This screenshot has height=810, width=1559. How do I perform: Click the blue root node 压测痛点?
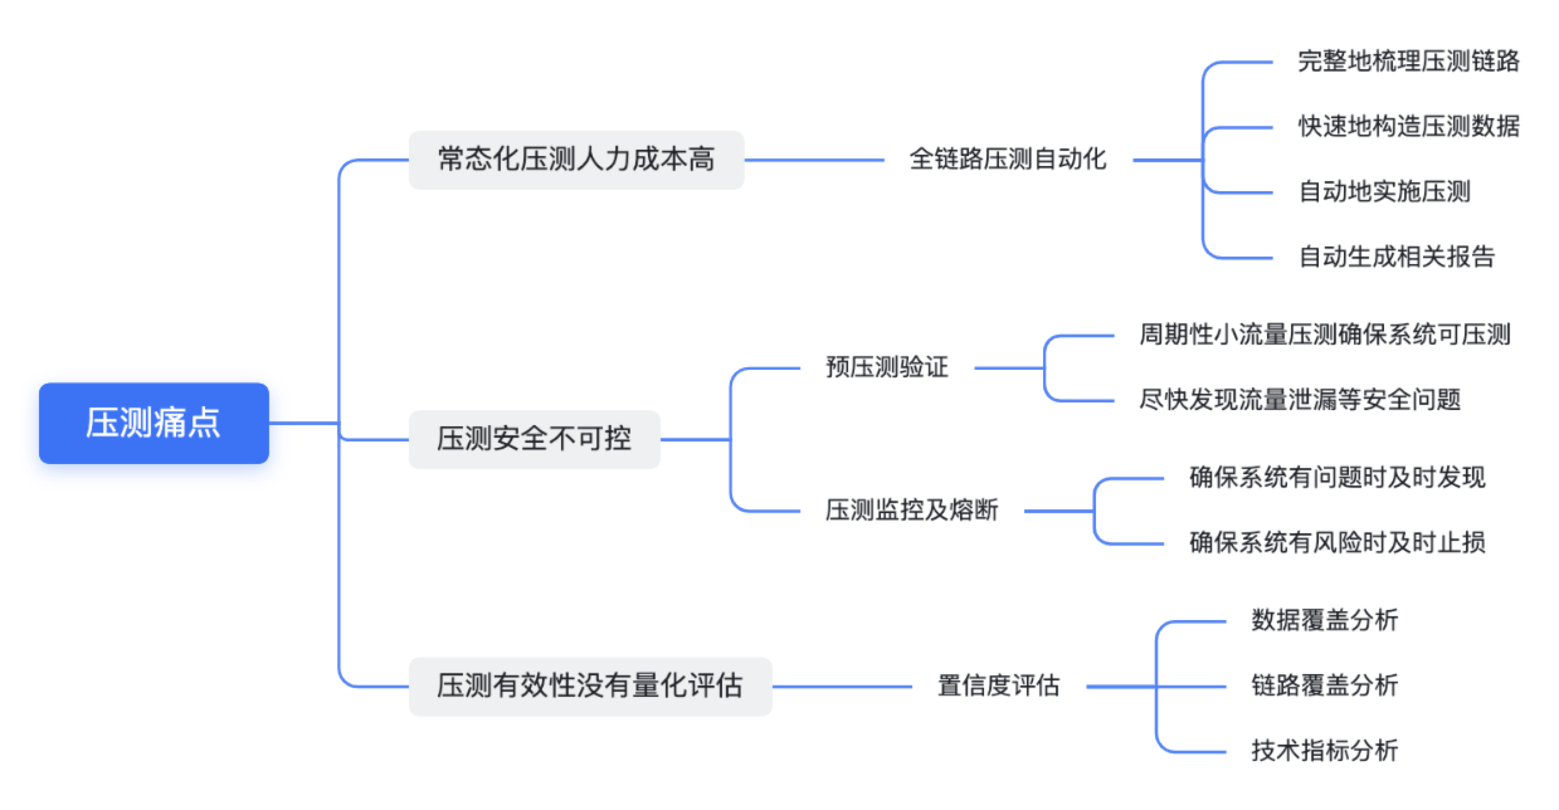click(x=154, y=423)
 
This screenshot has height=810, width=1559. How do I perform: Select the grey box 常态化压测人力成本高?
click(x=576, y=160)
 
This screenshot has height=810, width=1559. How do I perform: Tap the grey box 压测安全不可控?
click(x=535, y=440)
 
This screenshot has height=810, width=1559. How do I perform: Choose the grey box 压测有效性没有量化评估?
click(x=590, y=687)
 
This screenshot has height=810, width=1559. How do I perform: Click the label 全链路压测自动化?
click(x=1008, y=160)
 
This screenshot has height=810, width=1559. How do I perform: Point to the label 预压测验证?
click(x=887, y=368)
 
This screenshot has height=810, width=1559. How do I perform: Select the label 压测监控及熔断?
click(x=912, y=511)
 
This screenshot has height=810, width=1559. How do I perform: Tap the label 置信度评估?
click(x=999, y=686)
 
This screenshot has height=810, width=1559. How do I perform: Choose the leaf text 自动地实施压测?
click(x=1385, y=192)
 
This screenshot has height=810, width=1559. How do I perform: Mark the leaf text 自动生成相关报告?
click(x=1397, y=257)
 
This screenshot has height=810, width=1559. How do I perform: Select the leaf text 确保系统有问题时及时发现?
click(x=1338, y=478)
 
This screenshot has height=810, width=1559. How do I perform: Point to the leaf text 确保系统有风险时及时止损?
click(x=1338, y=543)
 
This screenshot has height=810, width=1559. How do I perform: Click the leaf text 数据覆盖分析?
click(x=1325, y=621)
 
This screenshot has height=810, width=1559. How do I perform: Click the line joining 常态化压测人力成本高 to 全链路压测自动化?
click(x=814, y=160)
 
